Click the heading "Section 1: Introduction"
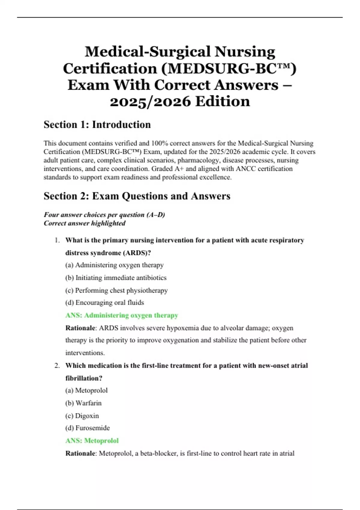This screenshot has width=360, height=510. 97,124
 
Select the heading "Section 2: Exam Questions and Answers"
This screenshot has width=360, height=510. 137,196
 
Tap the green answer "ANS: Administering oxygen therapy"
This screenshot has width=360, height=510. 121,315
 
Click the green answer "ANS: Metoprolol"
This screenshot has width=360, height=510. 92,441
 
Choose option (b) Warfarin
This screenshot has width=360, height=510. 83,403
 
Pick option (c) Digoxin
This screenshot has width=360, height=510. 82,416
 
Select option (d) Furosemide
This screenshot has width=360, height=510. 87,428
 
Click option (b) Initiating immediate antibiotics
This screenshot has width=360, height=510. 116,278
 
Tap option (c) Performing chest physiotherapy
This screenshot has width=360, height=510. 116,290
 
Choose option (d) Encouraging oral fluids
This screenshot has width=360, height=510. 104,303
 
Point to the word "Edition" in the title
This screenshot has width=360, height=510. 223,101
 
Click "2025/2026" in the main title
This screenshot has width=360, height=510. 150,101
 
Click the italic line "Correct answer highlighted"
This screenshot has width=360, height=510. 85,223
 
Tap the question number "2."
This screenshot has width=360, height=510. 57,365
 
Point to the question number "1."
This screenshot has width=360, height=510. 57,240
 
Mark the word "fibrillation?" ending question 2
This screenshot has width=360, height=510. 84,378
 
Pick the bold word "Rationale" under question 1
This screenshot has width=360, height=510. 80,328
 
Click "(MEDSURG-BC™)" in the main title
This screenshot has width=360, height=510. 229,68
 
